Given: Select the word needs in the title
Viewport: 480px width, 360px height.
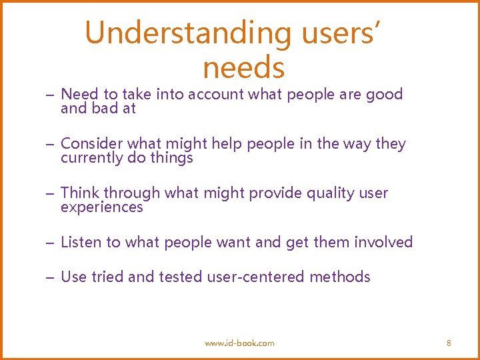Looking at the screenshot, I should (244, 67).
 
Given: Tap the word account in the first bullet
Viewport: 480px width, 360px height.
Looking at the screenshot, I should (215, 95).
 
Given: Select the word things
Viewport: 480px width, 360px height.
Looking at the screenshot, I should (172, 158).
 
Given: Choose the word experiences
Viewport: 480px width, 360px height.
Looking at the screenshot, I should (102, 207).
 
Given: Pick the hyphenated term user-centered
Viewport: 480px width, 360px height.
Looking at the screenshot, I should (259, 277).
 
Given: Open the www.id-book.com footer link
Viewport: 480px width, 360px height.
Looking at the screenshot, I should (239, 343).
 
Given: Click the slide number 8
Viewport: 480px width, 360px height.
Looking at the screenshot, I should (449, 343).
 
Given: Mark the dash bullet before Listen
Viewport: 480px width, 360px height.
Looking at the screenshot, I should (51, 243).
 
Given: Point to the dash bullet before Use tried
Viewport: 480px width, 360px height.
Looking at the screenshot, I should (51, 277).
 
